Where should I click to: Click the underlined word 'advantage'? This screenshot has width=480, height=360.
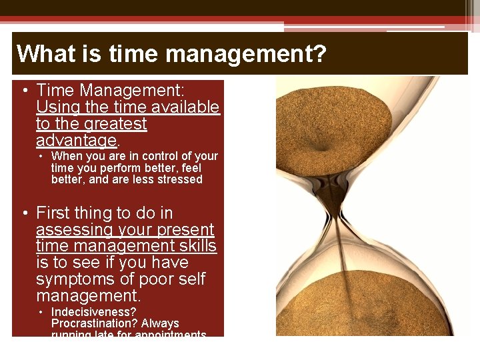(x=77, y=141)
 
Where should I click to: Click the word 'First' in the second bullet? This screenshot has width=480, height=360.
(x=57, y=213)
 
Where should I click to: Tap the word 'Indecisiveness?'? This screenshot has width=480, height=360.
(x=93, y=312)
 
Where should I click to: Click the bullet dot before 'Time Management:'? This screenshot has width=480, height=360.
(x=24, y=91)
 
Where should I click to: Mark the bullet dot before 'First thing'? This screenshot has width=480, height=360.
(x=24, y=214)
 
